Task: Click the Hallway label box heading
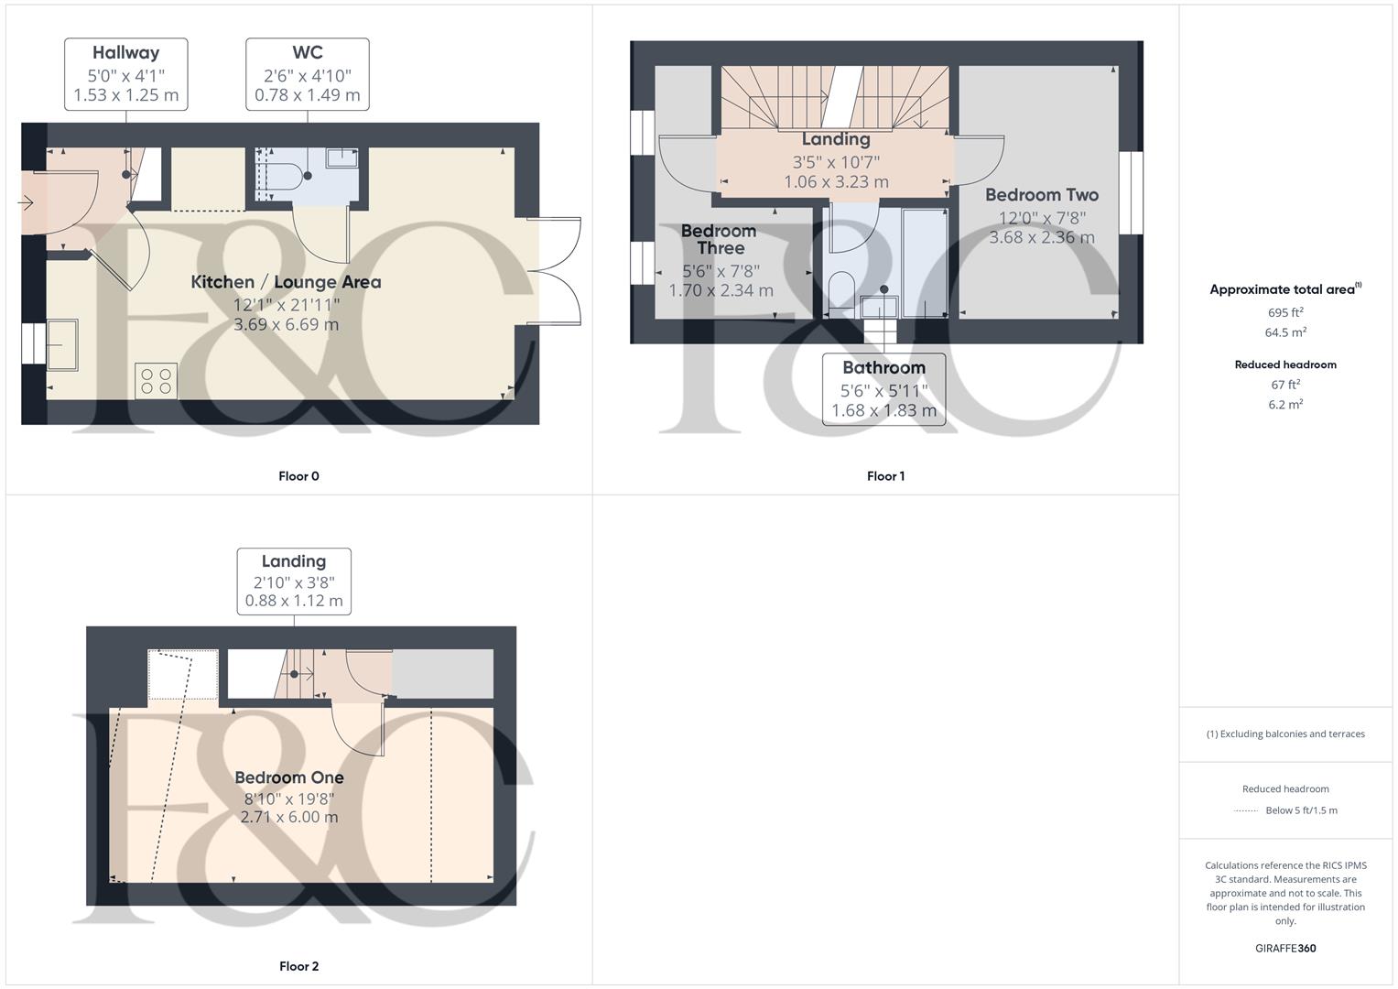125,53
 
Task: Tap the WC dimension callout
308,74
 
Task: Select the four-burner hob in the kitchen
156,381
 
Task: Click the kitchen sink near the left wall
62,343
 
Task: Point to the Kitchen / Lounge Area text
286,282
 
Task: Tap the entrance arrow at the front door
25,202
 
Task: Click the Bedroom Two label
1041,195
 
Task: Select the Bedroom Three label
719,239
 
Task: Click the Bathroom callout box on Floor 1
883,389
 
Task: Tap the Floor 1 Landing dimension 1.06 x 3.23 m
836,182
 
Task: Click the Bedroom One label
289,777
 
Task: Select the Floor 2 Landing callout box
294,581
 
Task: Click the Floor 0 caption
298,476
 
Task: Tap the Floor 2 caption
298,966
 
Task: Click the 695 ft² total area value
1285,312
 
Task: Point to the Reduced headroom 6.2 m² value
1285,405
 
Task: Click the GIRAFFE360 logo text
1285,949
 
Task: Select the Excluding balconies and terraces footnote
1285,734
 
